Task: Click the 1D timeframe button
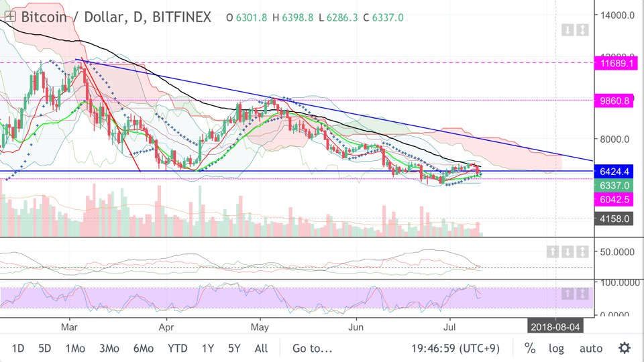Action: click(18, 349)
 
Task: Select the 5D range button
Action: click(44, 349)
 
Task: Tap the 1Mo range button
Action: click(75, 349)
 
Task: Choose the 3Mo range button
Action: click(109, 349)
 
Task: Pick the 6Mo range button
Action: click(144, 349)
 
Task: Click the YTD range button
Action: click(178, 349)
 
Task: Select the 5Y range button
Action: click(234, 349)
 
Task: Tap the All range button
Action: click(261, 349)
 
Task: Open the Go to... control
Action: click(312, 349)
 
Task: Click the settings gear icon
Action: click(625, 349)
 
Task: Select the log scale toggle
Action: click(556, 349)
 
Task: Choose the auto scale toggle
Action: click(591, 349)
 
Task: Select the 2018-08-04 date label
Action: click(555, 327)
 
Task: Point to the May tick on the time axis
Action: click(260, 327)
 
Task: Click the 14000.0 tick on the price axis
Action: click(617, 15)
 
